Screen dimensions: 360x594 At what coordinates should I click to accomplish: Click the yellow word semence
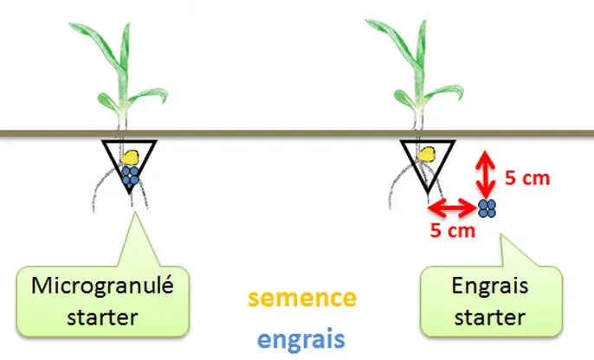pyautogui.click(x=300, y=299)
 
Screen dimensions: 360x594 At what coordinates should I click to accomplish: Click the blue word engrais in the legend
pyautogui.click(x=300, y=336)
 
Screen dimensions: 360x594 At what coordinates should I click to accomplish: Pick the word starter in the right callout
pyautogui.click(x=491, y=316)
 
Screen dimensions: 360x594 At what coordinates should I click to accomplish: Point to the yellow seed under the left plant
pyautogui.click(x=131, y=157)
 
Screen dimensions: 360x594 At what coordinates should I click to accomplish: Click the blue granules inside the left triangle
pyautogui.click(x=131, y=176)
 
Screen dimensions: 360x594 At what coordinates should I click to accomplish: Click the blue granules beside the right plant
pyautogui.click(x=487, y=208)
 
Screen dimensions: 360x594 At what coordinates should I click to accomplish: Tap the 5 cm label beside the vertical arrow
pyautogui.click(x=526, y=179)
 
